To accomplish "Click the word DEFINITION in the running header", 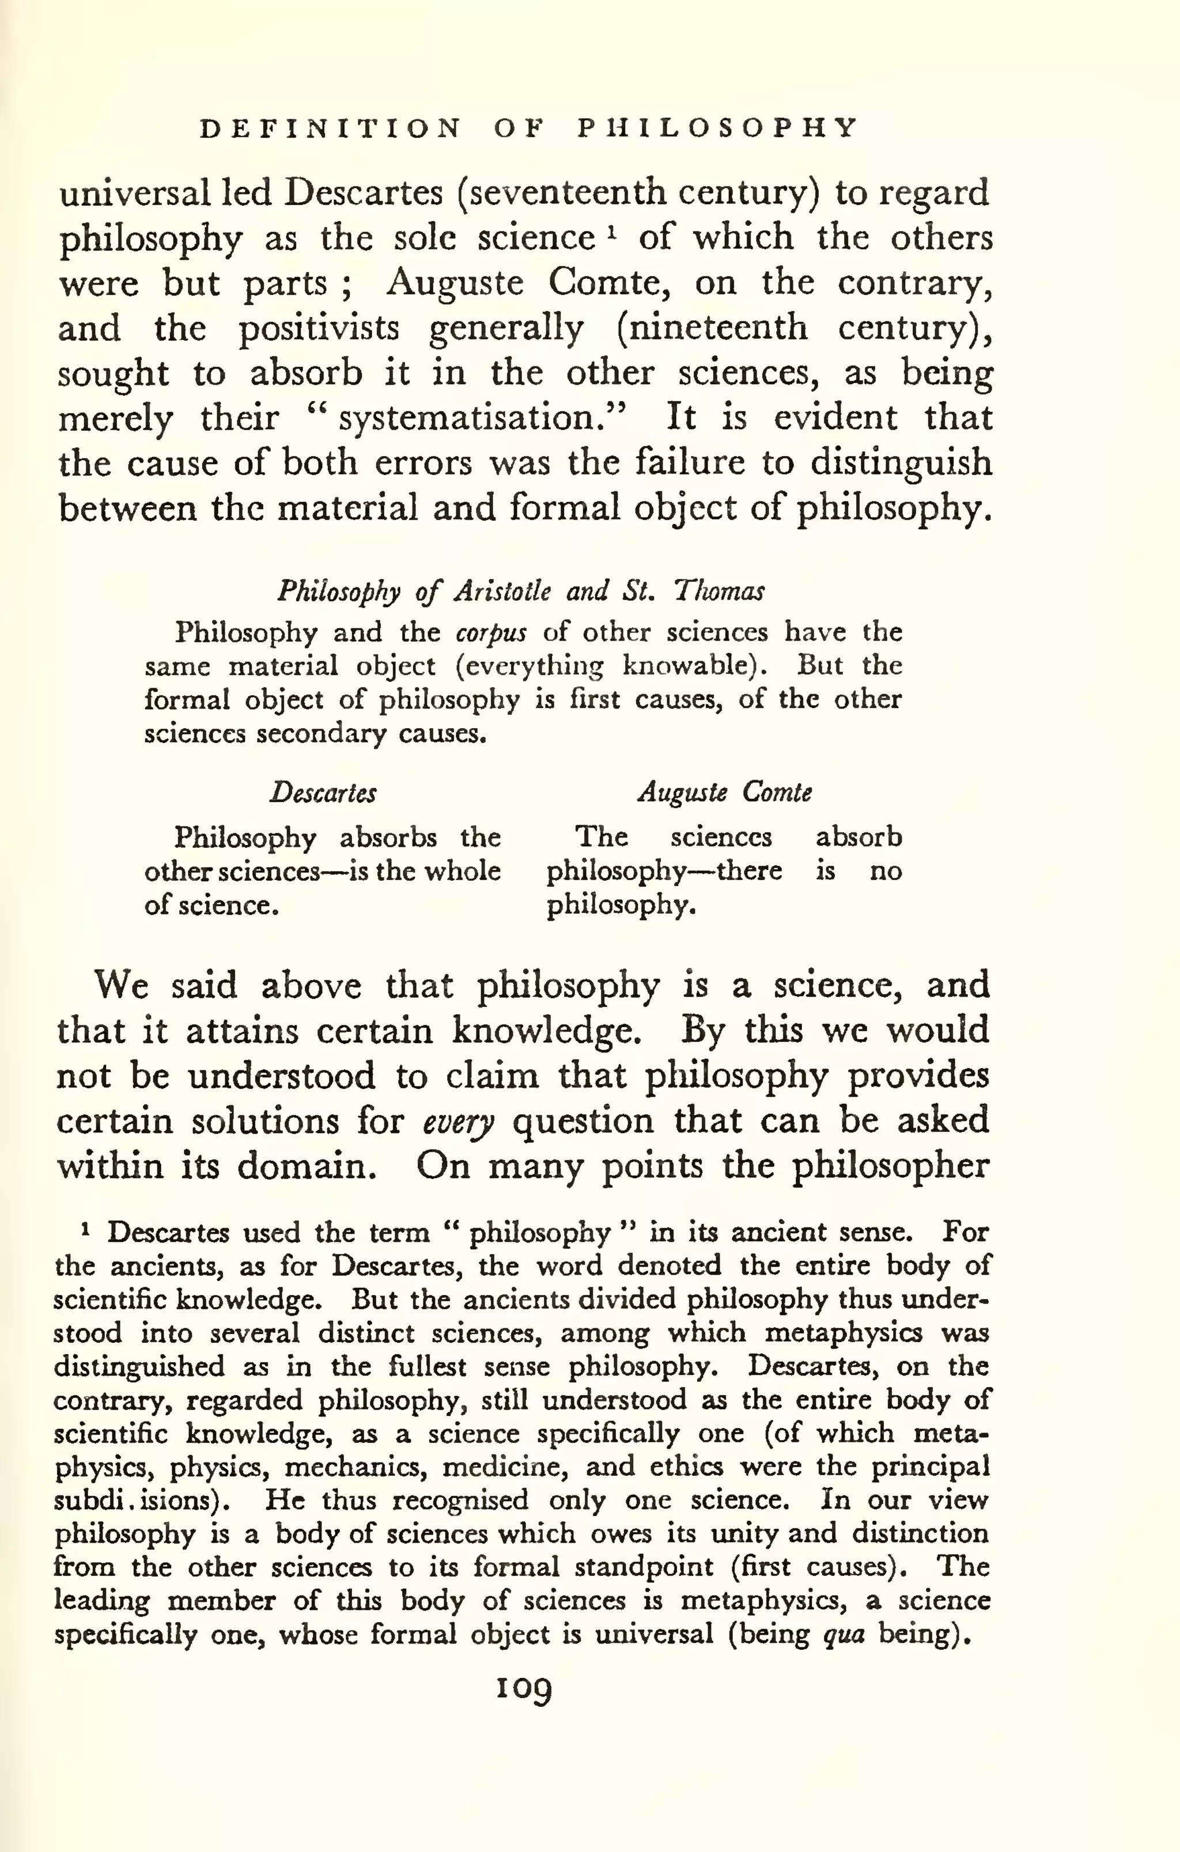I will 331,128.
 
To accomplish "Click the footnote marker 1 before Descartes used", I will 86,1230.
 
